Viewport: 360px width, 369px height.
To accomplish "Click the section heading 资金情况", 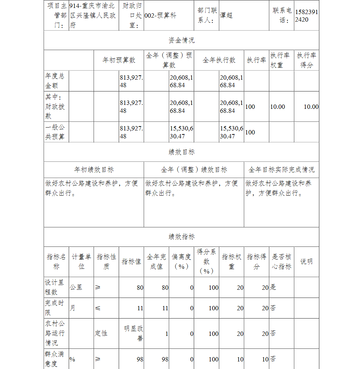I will (181, 40).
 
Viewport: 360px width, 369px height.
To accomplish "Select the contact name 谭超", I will (226, 15).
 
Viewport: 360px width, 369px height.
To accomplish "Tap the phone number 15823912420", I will (306, 15).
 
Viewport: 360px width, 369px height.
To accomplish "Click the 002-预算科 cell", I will (161, 15).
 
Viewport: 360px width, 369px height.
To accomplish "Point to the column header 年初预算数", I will (119, 60).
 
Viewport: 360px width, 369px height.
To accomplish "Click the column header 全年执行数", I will (219, 60).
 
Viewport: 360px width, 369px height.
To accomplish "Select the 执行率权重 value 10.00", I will (277, 107).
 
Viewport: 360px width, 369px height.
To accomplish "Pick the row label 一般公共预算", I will (55, 132).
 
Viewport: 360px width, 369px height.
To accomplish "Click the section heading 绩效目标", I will (181, 152).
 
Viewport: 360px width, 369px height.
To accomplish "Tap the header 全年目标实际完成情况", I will (281, 169).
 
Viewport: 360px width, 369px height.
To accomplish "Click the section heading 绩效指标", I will (181, 237).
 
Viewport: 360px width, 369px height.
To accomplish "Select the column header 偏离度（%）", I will (181, 262).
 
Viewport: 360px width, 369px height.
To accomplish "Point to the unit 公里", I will (76, 287).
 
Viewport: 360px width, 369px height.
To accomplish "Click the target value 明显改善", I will (134, 333).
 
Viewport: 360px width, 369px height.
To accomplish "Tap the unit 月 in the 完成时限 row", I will (72, 308).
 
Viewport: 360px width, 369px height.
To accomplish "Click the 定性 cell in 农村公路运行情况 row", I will (101, 333).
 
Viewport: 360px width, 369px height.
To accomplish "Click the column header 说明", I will (306, 262).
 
